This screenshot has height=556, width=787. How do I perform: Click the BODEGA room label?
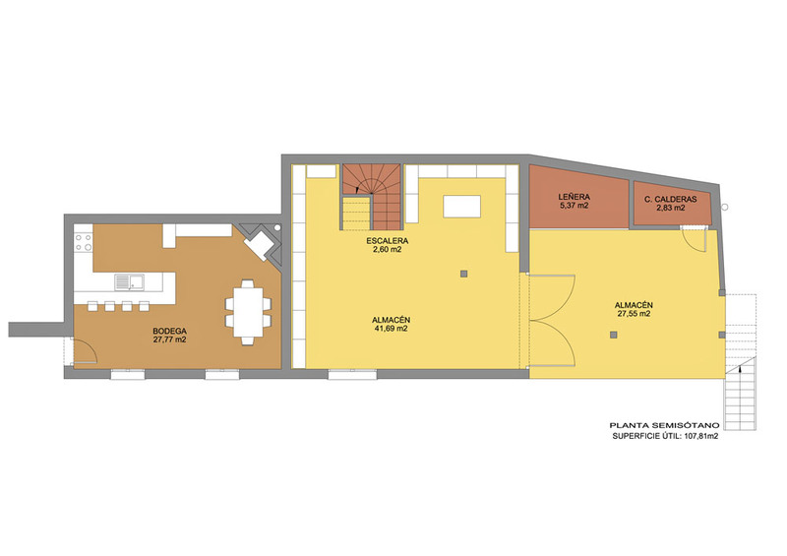(169, 331)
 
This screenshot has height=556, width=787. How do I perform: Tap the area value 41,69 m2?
(390, 329)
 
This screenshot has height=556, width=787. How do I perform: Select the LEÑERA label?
(575, 197)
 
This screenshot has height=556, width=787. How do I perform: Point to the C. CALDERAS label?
(671, 199)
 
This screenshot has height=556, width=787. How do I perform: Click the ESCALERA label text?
(387, 240)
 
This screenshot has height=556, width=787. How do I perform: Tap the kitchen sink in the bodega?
(129, 281)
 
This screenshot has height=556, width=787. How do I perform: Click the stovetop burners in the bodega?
(84, 242)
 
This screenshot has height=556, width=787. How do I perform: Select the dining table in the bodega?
(248, 312)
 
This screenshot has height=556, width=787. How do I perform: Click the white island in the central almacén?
(461, 207)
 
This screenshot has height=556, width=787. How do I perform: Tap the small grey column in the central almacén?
(463, 274)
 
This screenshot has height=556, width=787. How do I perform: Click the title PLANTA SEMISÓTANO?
(668, 425)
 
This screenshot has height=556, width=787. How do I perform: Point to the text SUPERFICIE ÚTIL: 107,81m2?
(665, 437)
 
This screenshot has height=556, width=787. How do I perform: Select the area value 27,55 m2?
(634, 313)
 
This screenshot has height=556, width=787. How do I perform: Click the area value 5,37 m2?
(575, 206)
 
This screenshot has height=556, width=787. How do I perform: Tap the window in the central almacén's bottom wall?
(353, 374)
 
